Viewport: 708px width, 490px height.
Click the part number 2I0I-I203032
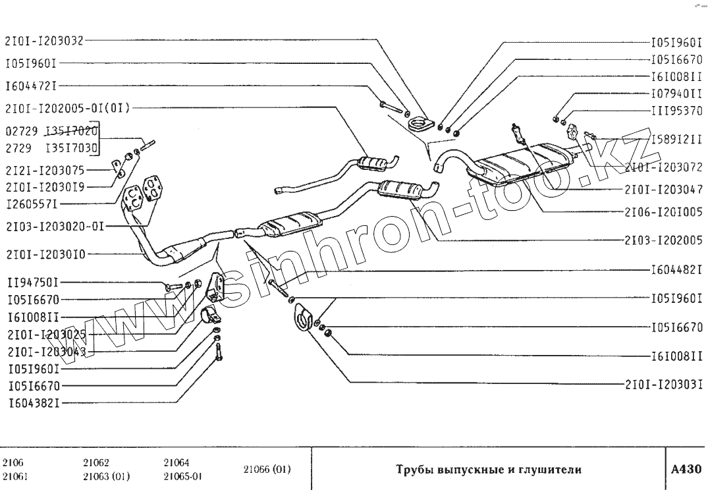click(x=44, y=41)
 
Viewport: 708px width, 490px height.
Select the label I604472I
click(x=33, y=86)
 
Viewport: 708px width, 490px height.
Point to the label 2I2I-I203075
click(x=44, y=169)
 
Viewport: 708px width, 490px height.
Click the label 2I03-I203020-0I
click(x=54, y=225)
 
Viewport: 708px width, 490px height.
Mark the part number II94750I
click(x=33, y=283)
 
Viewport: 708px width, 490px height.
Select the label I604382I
click(x=33, y=402)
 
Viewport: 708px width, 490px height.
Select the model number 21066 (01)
click(x=267, y=470)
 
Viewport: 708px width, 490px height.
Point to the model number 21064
click(x=176, y=462)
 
